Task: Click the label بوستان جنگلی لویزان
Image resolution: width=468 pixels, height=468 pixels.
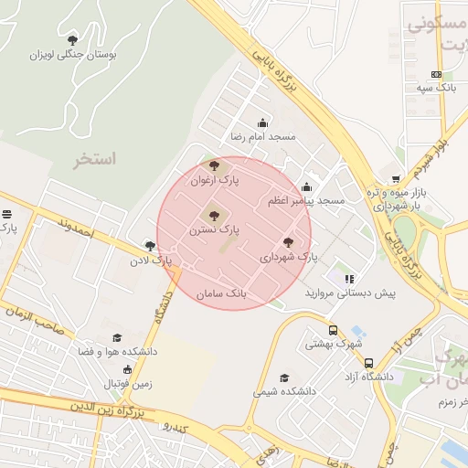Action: [x=75, y=55]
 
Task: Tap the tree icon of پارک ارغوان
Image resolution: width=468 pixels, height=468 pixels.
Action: [x=214, y=166]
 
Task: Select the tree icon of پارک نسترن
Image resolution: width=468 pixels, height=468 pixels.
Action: [x=214, y=216]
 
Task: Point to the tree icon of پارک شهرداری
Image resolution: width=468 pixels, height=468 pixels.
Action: [x=289, y=242]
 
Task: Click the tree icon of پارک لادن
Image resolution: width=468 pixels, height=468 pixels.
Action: [x=150, y=245]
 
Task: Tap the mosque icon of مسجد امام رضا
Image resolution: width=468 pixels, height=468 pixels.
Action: [x=263, y=122]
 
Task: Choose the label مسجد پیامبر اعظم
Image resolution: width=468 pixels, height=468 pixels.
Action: [x=306, y=200]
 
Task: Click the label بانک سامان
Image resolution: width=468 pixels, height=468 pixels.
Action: [x=222, y=294]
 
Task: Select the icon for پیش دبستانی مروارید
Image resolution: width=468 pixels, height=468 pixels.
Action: [x=348, y=279]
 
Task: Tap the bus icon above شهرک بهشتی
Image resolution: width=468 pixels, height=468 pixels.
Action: [x=332, y=331]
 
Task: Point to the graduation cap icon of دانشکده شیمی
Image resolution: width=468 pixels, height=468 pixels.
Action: [x=284, y=378]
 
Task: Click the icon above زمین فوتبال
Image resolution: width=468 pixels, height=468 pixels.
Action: [x=127, y=370]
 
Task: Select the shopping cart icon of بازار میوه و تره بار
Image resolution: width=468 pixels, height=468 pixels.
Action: [x=395, y=179]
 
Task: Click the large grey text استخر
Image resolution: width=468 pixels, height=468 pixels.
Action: [x=95, y=159]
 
